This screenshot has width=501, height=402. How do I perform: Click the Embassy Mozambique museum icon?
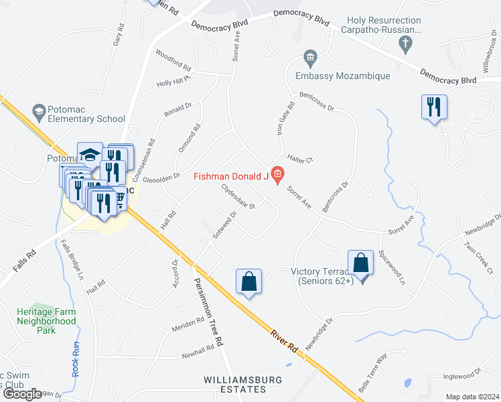(x=310, y=58)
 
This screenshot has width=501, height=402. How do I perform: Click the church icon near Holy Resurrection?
(x=405, y=45)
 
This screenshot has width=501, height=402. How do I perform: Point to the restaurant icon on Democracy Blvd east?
(x=433, y=107)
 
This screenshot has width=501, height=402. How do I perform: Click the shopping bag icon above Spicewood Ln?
(x=360, y=262)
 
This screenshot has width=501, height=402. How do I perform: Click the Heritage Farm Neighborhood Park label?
(x=47, y=321)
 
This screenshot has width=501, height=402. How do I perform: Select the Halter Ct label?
(x=300, y=159)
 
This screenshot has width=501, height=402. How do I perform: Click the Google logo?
(x=23, y=394)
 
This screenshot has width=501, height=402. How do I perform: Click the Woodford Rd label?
(x=173, y=60)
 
